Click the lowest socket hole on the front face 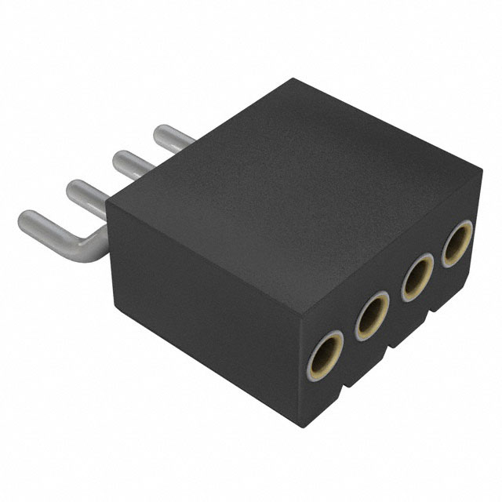[x=324, y=354]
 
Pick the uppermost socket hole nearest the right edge [x=457, y=245]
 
